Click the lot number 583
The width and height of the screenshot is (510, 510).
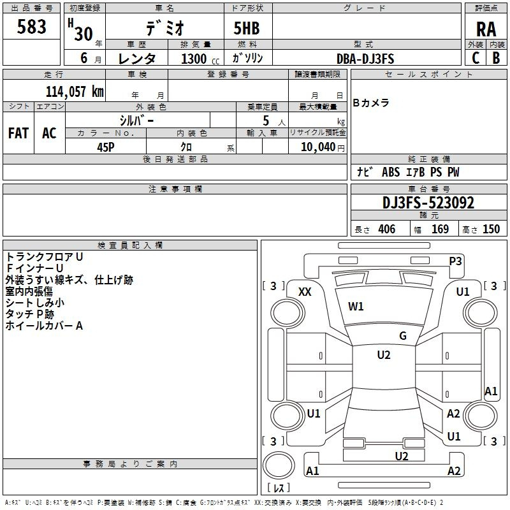(31, 27)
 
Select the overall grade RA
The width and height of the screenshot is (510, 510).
(486, 29)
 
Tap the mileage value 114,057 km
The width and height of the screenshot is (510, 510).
(75, 91)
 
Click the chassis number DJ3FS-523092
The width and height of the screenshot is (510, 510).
(428, 203)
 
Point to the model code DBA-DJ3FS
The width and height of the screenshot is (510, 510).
(365, 59)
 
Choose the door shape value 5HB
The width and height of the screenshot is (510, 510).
(247, 28)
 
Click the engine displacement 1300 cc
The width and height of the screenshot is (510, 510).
(200, 59)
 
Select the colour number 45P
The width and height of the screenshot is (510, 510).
(106, 147)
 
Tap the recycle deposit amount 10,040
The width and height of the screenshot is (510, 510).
(318, 147)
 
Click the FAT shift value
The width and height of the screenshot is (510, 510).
(18, 133)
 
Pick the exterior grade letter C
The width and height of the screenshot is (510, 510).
(476, 58)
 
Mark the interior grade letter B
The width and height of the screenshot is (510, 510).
(496, 58)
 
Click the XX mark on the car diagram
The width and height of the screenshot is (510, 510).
(305, 292)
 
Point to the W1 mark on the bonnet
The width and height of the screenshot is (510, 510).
(356, 307)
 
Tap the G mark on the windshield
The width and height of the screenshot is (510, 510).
(403, 336)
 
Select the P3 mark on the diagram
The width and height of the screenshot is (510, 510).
(455, 261)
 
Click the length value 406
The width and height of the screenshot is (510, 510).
(387, 229)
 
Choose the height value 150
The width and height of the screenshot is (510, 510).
(491, 229)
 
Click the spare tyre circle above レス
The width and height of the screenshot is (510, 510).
(279, 465)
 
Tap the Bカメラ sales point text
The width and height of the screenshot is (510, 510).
(371, 103)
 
